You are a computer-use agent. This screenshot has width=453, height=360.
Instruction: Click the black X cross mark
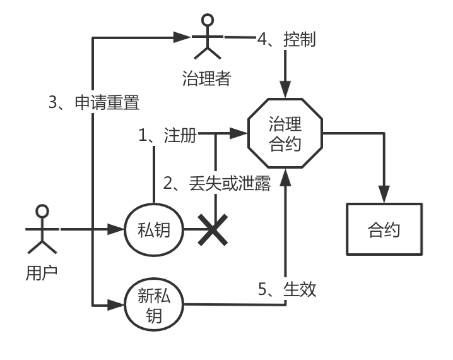click(x=213, y=230)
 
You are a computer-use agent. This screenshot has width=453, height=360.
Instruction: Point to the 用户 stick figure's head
click(x=42, y=211)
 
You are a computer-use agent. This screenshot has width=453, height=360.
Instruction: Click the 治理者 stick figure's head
click(x=208, y=20)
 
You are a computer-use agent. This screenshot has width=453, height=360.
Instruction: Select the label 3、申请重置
click(x=94, y=102)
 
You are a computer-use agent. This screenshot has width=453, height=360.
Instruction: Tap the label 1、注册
click(x=168, y=135)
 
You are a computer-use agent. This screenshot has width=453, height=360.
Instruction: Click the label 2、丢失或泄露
click(x=217, y=183)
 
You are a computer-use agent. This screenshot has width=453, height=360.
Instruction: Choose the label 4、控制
click(x=286, y=39)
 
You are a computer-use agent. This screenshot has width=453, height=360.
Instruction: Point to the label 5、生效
click(x=287, y=289)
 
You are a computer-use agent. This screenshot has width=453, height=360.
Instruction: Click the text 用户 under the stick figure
click(x=42, y=273)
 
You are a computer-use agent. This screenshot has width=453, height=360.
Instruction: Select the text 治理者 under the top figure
click(x=207, y=78)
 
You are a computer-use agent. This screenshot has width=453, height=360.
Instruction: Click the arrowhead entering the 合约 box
click(x=384, y=194)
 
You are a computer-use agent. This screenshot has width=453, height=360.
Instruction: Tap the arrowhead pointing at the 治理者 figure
click(x=182, y=37)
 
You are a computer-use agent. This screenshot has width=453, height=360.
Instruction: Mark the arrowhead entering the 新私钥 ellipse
click(x=115, y=305)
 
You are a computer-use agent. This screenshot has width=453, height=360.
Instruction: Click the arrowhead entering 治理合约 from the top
click(x=285, y=90)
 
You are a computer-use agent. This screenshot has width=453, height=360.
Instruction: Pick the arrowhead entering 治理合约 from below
click(x=285, y=177)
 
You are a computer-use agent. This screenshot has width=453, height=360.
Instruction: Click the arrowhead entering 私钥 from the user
click(x=115, y=229)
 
